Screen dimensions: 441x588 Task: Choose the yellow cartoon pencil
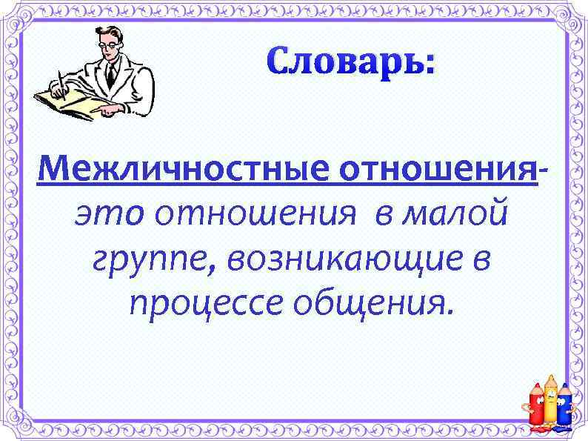tap(551, 401)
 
